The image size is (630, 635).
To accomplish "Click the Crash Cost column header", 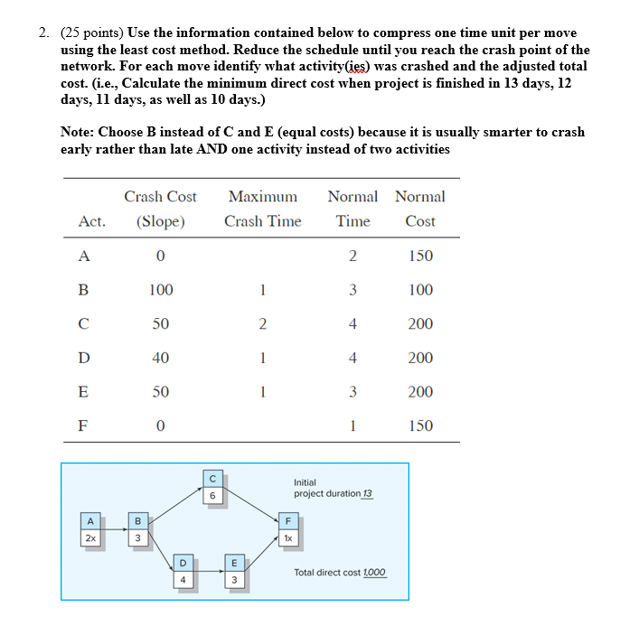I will point(160,209).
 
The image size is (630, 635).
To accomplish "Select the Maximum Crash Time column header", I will point(262,209).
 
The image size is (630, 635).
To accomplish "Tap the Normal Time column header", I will point(353,209).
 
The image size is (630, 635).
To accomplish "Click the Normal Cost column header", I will point(420,209).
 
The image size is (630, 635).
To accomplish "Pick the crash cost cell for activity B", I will point(160,290).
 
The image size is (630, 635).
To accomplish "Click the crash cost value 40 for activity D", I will point(160,358).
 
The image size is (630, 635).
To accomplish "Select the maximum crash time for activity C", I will point(262,324).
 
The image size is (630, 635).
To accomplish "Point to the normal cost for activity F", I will point(420,425).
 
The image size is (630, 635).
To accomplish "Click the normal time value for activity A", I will point(353,256).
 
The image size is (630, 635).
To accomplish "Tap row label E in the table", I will point(84,392).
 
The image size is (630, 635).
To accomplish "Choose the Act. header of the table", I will point(91,221).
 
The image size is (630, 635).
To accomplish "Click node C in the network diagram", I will point(212,488).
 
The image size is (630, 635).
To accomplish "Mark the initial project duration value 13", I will point(366,494).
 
